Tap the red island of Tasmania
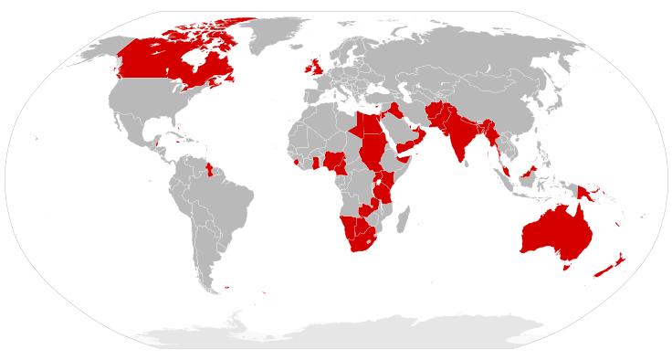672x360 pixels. [x=566, y=267]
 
